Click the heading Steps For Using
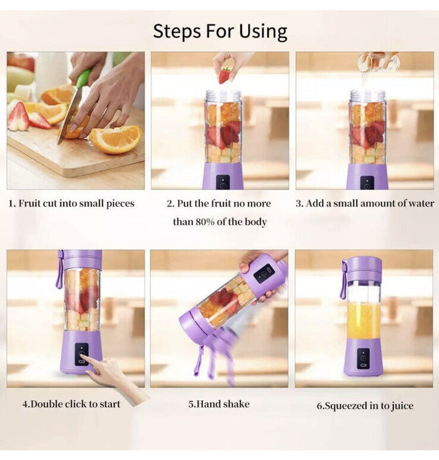pos(219,31)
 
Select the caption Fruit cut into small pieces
pos(71,203)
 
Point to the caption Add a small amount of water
pos(365,203)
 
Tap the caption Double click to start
pos(71,404)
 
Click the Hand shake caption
pos(219,404)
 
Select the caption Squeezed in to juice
pos(365,406)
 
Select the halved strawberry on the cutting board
pos(19,117)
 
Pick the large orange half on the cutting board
pos(115,138)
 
